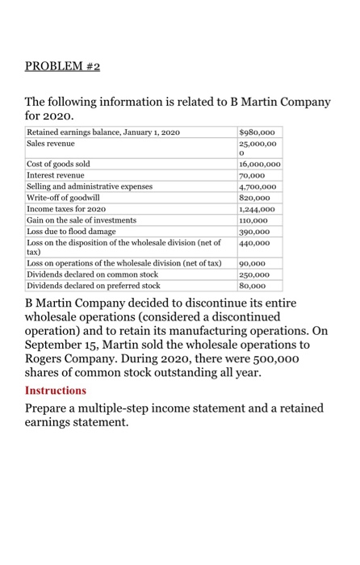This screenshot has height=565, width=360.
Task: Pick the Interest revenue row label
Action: point(56,174)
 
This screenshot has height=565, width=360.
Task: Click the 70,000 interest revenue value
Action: point(253,174)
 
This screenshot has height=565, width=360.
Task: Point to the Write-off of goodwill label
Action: point(64,197)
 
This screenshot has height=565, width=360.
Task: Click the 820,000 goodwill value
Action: point(255,197)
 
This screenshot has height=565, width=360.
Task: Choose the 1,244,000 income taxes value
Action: point(257,208)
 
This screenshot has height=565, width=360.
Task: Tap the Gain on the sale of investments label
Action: point(82,220)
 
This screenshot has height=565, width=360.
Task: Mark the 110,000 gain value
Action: point(254,220)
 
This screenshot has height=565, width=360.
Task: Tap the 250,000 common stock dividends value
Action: point(255,274)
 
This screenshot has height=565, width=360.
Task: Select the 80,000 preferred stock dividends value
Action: point(253,285)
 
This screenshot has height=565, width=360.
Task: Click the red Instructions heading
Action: point(56,391)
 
